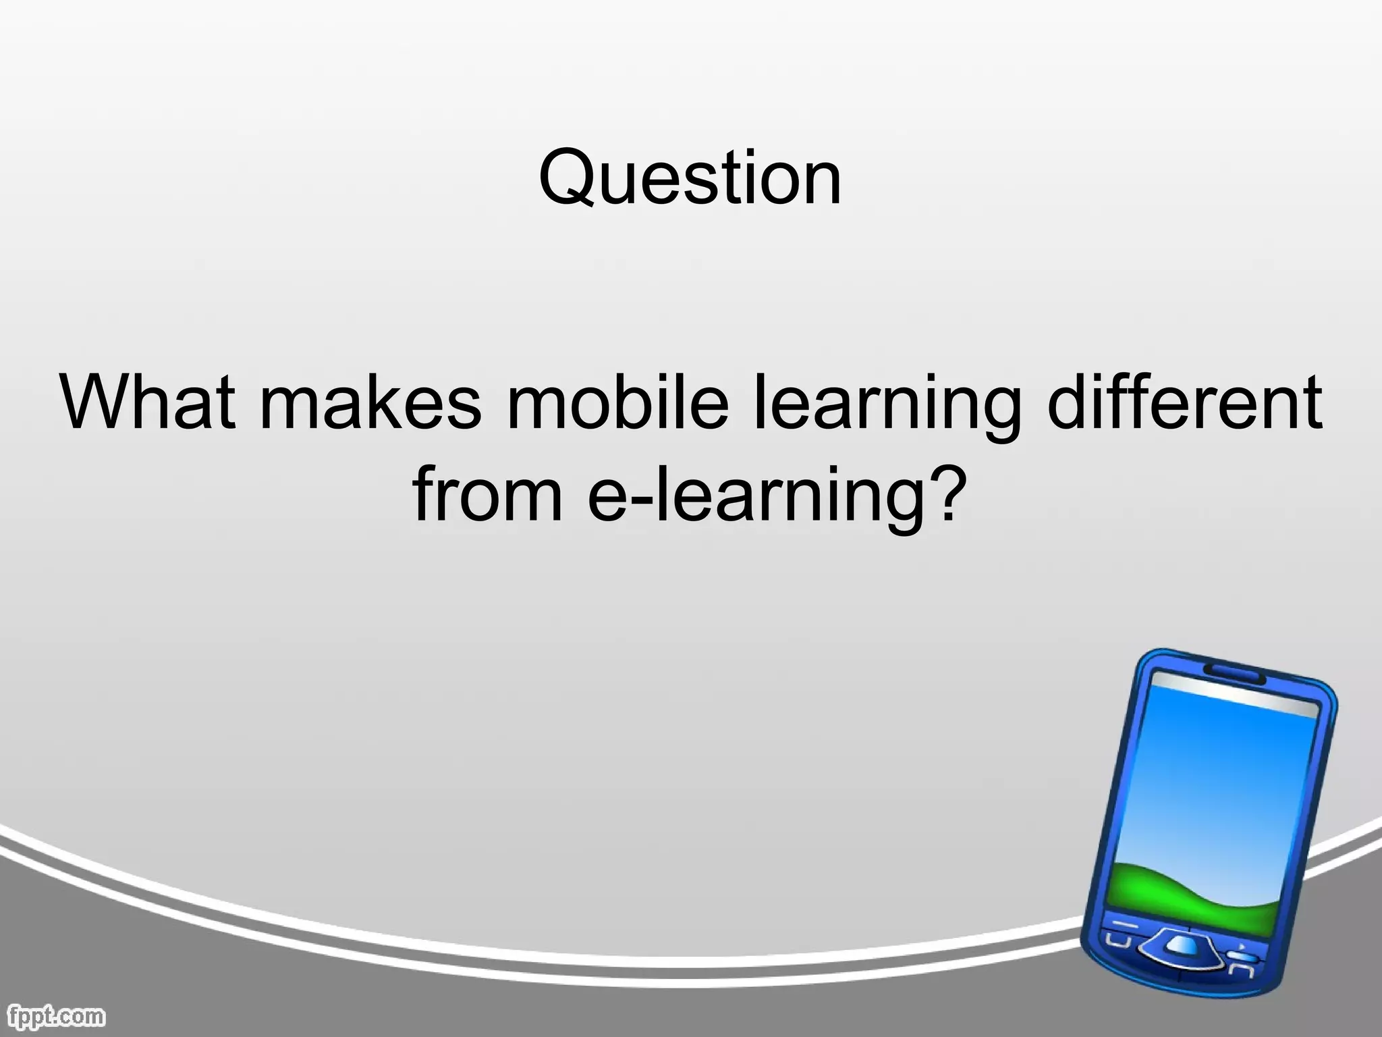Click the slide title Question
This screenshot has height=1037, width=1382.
(x=690, y=178)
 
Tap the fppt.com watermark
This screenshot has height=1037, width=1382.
(x=53, y=1015)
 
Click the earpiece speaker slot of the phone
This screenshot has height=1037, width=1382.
(x=1234, y=672)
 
